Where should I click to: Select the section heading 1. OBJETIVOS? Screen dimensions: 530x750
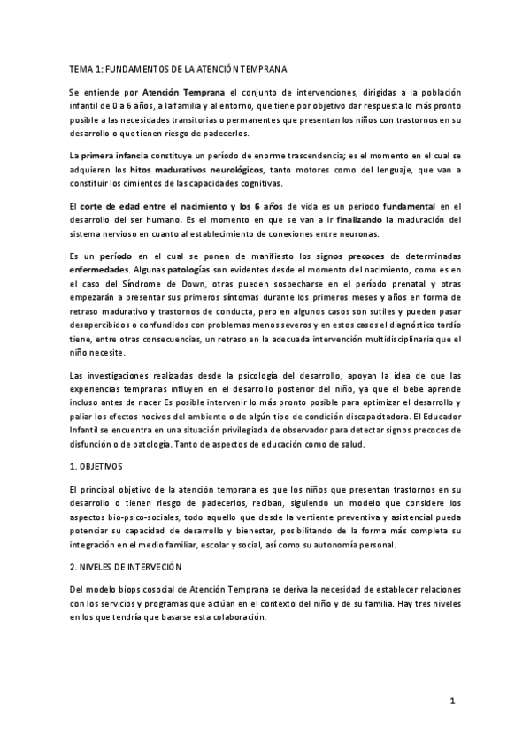pos(97,464)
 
